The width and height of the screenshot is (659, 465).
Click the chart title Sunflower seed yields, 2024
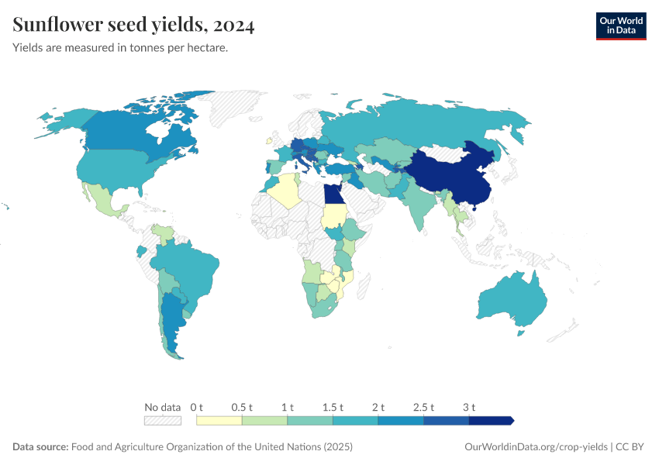(133, 26)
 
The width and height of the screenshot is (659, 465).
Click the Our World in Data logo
(620, 26)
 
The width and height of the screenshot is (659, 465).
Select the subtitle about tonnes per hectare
(120, 48)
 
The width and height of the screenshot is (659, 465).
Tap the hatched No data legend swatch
(163, 421)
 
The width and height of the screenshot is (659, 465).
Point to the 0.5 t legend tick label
(242, 407)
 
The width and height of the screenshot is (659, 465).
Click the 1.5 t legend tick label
(333, 407)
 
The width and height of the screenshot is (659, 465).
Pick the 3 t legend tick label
(468, 407)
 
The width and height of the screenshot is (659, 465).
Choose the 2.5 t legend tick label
(423, 407)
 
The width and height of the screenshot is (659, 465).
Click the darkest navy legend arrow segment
(491, 421)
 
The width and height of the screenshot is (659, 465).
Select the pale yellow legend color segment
(219, 421)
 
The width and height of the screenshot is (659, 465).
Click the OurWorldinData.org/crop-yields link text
(535, 447)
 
